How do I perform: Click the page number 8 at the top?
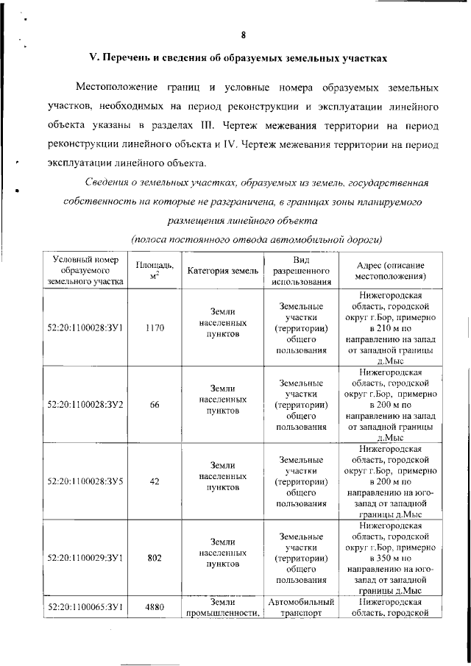pyautogui.click(x=242, y=35)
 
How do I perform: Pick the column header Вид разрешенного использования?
pyautogui.click(x=301, y=270)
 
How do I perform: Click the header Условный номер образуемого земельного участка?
pyautogui.click(x=84, y=270)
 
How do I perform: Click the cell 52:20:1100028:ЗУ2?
pyautogui.click(x=85, y=403)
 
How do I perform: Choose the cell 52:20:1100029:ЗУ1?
pyautogui.click(x=85, y=558)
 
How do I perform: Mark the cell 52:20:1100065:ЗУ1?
pyautogui.click(x=85, y=609)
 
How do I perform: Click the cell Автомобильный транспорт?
pyautogui.click(x=301, y=609)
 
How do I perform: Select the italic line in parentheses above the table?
pyautogui.click(x=257, y=239)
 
